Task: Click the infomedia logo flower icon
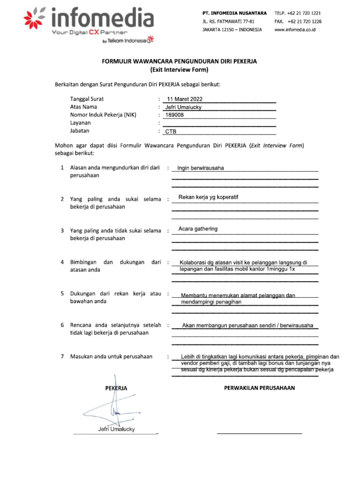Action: click(35, 19)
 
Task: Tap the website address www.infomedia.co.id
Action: click(294, 29)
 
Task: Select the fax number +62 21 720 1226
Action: click(304, 21)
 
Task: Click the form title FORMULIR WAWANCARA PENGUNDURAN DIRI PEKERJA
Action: click(180, 61)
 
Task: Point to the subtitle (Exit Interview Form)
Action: click(180, 69)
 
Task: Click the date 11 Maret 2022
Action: click(185, 99)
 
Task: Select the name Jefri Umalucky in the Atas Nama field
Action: click(183, 107)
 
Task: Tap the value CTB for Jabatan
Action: click(171, 132)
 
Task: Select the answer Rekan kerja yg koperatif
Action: click(208, 197)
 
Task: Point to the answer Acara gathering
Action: click(198, 229)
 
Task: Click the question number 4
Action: click(62, 262)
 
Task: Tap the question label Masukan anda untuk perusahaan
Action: click(111, 357)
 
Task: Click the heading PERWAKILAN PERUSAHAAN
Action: click(259, 388)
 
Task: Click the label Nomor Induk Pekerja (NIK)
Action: click(103, 115)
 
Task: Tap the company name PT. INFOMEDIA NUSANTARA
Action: click(234, 13)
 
